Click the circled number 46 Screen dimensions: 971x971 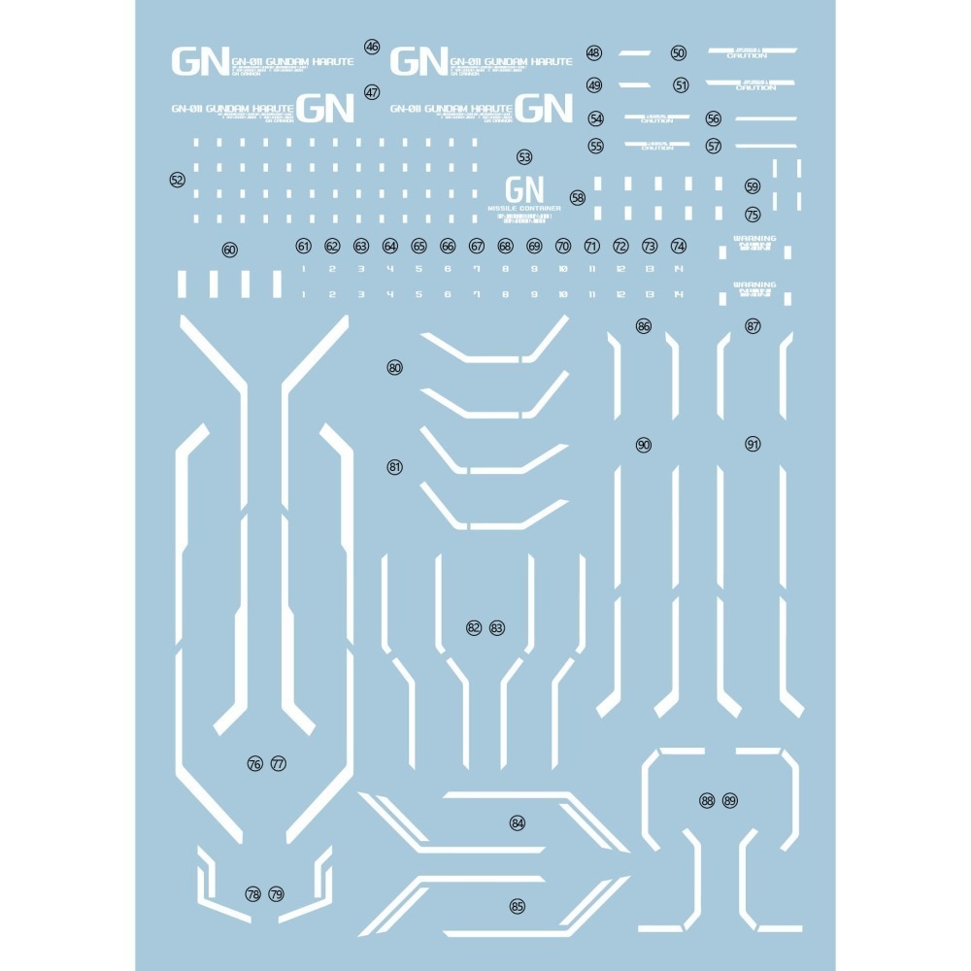point(372,47)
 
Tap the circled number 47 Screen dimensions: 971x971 point(372,93)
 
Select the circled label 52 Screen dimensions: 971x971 point(177,180)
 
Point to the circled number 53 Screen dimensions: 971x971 point(525,156)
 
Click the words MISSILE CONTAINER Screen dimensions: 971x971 point(525,208)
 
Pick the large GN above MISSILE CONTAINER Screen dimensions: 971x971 point(525,188)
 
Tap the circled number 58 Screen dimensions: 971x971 point(579,197)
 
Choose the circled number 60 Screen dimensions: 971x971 point(229,250)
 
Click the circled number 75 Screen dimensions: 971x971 point(753,215)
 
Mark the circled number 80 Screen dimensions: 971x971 point(394,368)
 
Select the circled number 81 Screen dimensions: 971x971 point(394,467)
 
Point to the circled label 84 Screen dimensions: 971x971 point(518,823)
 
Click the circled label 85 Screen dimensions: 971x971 point(518,907)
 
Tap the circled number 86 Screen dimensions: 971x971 point(644,326)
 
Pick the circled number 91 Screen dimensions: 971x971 point(753,444)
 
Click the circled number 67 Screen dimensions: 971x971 point(477,247)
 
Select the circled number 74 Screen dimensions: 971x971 point(679,247)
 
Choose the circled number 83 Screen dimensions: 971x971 point(497,628)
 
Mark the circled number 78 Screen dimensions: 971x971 point(253,894)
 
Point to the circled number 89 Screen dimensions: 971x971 point(730,801)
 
